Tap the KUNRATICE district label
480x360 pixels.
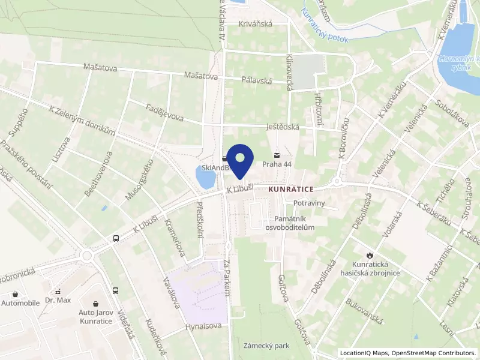292,189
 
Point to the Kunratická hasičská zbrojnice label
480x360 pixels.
376,268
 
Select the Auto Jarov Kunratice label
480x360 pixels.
96,317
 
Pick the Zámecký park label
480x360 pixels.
266,346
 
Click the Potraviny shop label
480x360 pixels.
309,203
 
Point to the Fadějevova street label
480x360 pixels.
164,112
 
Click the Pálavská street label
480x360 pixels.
256,80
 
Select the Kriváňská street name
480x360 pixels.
256,24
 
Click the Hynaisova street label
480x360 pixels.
203,326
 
